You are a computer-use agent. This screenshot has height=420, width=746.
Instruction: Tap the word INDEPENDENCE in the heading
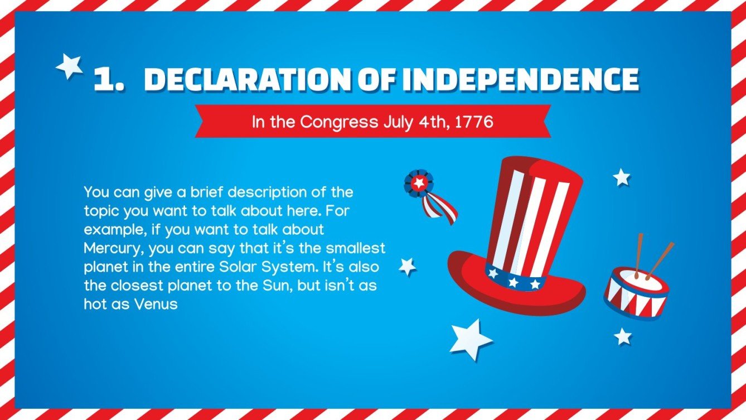click(520, 80)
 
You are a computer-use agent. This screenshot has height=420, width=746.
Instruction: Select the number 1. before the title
click(109, 80)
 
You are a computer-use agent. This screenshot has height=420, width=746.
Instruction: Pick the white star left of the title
click(69, 66)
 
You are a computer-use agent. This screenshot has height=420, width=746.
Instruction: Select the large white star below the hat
click(470, 339)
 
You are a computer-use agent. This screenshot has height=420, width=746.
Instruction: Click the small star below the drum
click(623, 336)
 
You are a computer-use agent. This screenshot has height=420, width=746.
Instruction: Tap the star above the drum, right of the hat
click(621, 177)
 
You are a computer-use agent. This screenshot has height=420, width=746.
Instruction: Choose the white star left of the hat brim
click(408, 266)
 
